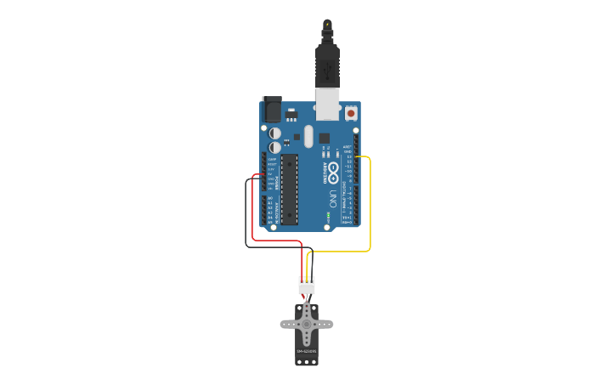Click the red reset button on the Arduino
click(x=351, y=112)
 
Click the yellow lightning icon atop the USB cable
click(x=327, y=24)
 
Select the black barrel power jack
click(x=272, y=109)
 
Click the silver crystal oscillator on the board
click(x=308, y=136)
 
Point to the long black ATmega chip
click(x=290, y=189)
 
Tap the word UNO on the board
click(x=331, y=199)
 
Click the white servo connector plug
click(x=307, y=285)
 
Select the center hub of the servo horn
click(x=307, y=324)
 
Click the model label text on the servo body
click(x=307, y=350)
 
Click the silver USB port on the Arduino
click(x=328, y=104)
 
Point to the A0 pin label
click(x=271, y=198)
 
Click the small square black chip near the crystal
click(x=324, y=138)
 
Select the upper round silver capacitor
click(x=275, y=133)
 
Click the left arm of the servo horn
click(x=289, y=324)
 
